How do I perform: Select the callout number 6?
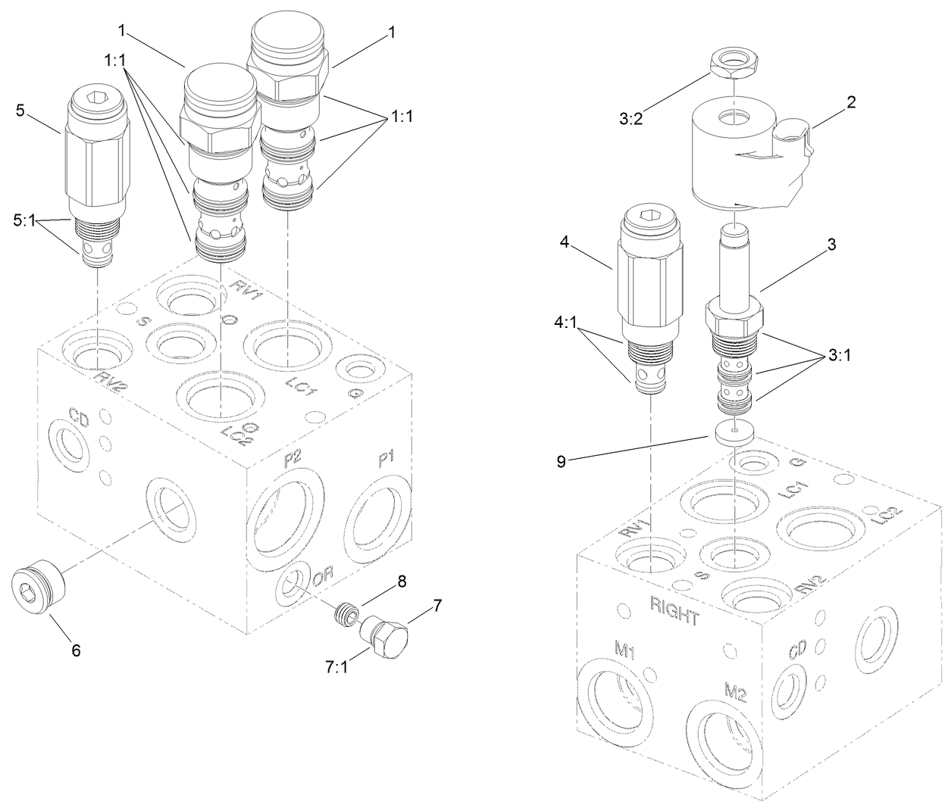coord(77,649)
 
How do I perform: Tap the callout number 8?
coord(402,582)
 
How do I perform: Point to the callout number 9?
coord(562,462)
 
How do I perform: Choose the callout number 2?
coord(851,102)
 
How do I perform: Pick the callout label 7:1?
coord(336,666)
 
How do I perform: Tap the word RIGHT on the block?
coord(674,610)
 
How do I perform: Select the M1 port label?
coord(625,649)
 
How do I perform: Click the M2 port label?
coord(735,691)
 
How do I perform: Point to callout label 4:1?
coord(566,321)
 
